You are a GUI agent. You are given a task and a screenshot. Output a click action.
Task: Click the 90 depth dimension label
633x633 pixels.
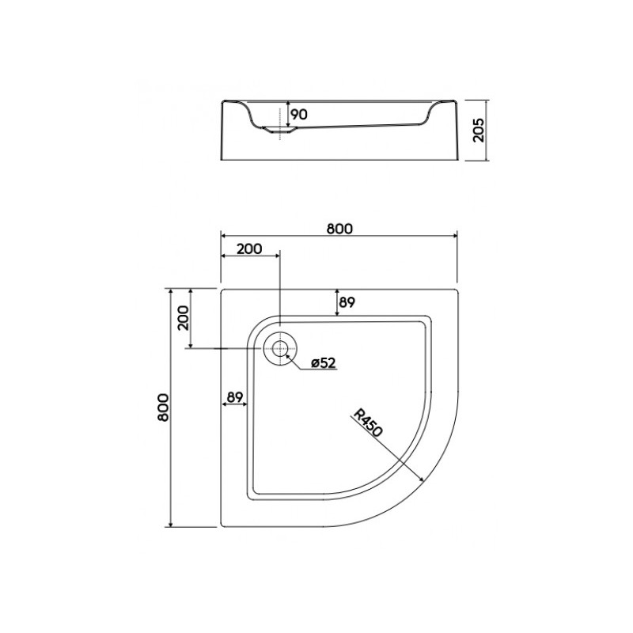click(299, 114)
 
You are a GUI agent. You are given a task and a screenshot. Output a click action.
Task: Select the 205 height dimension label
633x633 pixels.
click(478, 130)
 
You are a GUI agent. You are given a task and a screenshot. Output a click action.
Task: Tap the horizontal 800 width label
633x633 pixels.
click(339, 229)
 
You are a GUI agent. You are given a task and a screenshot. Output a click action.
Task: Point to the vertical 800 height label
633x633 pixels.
click(163, 407)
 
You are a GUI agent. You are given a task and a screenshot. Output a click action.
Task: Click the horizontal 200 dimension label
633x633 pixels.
click(249, 248)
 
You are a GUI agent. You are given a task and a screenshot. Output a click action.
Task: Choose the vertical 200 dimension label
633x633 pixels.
click(183, 318)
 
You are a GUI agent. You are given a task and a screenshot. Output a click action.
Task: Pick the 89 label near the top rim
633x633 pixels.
click(347, 302)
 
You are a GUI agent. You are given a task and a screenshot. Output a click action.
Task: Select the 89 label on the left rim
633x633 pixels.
click(234, 398)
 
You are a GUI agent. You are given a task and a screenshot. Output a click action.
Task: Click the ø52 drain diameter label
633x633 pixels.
click(324, 363)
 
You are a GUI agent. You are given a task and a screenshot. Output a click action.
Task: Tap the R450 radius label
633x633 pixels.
click(367, 423)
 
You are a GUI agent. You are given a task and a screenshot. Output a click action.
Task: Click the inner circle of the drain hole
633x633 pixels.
click(280, 348)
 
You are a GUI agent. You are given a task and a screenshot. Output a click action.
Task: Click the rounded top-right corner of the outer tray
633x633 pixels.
click(455, 291)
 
